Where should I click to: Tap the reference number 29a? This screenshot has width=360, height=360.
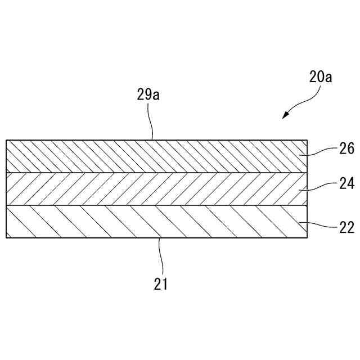coord(148,94)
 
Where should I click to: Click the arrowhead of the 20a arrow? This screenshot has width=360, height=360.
coord(285,116)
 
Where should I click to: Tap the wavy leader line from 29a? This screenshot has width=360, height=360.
coord(150,121)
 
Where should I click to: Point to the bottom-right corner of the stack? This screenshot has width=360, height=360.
coord(307,238)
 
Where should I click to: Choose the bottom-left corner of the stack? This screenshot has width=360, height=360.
coord(6,238)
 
